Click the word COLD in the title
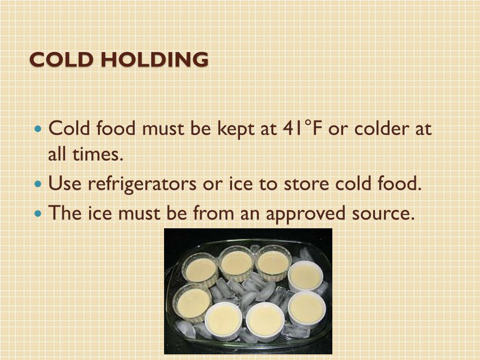click(x=57, y=60)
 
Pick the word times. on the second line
click(x=97, y=155)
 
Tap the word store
click(x=307, y=184)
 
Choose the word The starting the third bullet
click(x=65, y=213)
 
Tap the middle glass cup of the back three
click(x=236, y=262)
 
